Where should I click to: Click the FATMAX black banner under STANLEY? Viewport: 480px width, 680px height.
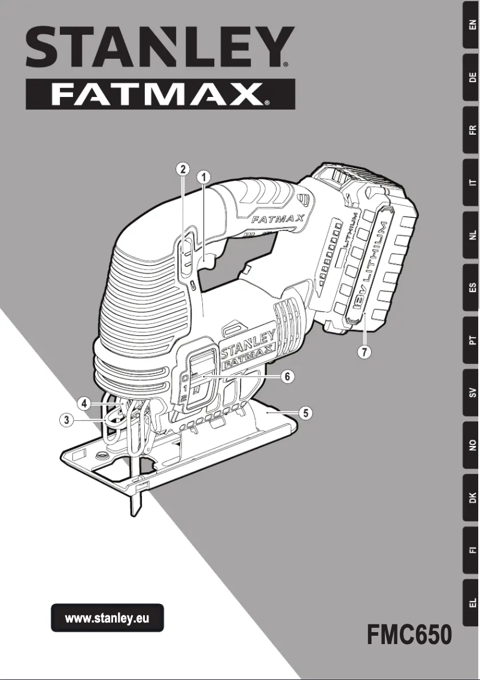click(x=160, y=94)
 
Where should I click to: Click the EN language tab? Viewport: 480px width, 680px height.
click(x=472, y=25)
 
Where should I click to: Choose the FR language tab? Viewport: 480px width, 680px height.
click(x=472, y=130)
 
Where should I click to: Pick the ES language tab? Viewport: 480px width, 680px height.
click(x=472, y=287)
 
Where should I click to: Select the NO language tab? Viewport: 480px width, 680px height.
click(x=472, y=445)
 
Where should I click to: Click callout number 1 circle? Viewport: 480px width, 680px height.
click(x=204, y=177)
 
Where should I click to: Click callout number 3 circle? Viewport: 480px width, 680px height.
click(x=69, y=420)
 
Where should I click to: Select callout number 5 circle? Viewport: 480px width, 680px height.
click(x=305, y=412)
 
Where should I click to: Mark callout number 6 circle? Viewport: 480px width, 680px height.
click(x=287, y=377)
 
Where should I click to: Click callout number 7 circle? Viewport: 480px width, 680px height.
click(x=364, y=351)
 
